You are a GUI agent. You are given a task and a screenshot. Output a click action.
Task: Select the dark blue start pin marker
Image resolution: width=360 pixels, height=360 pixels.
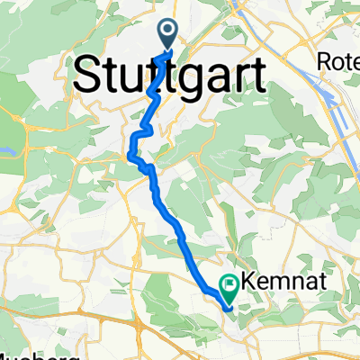click(x=169, y=35)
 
